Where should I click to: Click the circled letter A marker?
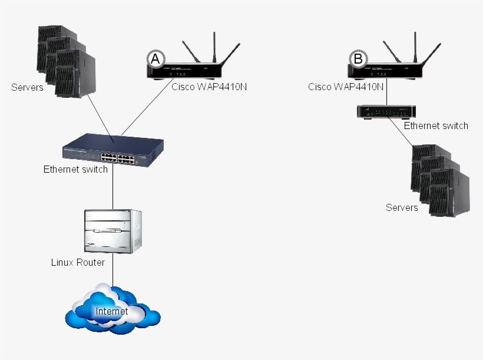155,58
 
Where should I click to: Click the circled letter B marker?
357,58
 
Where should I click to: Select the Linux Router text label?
78,262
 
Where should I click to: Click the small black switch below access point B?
386,112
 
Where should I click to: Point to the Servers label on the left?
27,88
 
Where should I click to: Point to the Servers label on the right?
402,207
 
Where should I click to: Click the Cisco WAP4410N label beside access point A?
209,87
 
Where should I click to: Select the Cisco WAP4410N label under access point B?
346,87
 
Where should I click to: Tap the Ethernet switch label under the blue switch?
75,170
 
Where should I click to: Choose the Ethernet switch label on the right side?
436,125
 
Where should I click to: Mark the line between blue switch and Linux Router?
113,189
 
